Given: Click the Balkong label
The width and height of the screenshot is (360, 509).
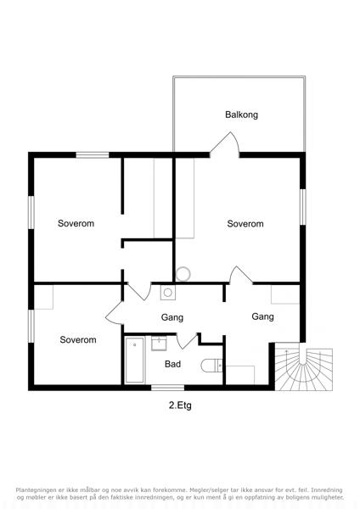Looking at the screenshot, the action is click(x=241, y=115).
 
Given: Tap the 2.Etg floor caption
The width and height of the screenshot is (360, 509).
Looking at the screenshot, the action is click(x=180, y=406).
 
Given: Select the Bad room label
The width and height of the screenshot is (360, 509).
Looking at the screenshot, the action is click(x=172, y=364).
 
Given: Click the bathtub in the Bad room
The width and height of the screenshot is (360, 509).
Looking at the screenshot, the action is click(x=134, y=360).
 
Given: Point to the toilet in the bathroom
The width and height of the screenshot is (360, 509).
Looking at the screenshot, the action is click(x=211, y=366).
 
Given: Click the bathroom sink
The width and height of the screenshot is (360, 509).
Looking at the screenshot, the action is click(x=159, y=344).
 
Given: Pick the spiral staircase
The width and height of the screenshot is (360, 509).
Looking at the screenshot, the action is click(x=304, y=368).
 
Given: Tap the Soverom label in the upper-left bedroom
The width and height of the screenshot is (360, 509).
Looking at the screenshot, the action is click(x=76, y=223).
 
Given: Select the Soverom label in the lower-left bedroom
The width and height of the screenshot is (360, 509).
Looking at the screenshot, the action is click(x=78, y=340).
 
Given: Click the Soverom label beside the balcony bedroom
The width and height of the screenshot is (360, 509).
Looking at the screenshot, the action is click(x=245, y=224).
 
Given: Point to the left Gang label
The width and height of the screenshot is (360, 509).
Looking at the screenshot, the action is click(x=172, y=317).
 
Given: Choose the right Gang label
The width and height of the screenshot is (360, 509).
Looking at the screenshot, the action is click(x=262, y=316).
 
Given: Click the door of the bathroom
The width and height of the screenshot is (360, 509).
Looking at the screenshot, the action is click(x=187, y=341).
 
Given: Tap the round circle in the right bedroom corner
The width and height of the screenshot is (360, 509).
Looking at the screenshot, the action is click(x=183, y=274).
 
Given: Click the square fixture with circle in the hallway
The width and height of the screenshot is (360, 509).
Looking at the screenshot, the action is click(x=167, y=293).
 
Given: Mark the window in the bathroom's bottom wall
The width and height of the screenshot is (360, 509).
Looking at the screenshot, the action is click(x=167, y=388).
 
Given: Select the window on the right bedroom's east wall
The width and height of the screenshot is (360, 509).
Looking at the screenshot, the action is click(x=302, y=207).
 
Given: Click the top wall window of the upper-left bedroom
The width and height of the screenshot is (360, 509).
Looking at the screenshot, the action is click(x=93, y=155).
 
